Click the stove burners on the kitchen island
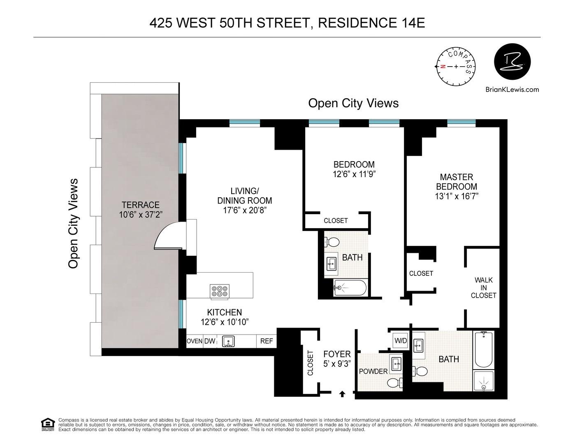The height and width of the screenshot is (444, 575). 220,291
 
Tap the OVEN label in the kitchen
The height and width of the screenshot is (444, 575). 194,341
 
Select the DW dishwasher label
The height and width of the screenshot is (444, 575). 210,341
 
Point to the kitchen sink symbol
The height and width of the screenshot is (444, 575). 228,341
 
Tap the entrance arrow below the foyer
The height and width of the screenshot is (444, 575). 342,394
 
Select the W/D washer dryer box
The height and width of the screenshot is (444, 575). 400,341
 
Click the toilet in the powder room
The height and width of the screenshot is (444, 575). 394,382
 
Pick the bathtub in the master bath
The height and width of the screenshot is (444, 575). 485,349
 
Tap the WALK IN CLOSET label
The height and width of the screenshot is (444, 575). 484,288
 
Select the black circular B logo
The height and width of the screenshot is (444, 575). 512,62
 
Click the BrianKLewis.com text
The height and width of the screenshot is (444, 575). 512,89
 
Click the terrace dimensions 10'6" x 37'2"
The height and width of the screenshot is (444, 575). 140,214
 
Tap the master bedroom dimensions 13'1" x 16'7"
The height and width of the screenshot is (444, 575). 457,197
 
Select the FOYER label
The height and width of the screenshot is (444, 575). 337,354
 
